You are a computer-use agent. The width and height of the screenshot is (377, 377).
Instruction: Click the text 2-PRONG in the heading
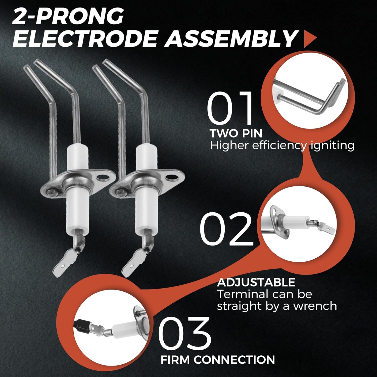[68, 16]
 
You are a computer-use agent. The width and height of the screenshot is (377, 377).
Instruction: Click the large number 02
[226, 228]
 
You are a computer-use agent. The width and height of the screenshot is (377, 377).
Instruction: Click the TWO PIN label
[236, 133]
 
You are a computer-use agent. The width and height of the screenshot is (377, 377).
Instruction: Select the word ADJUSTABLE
[256, 282]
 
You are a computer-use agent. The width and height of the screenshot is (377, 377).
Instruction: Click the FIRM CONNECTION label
[218, 360]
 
